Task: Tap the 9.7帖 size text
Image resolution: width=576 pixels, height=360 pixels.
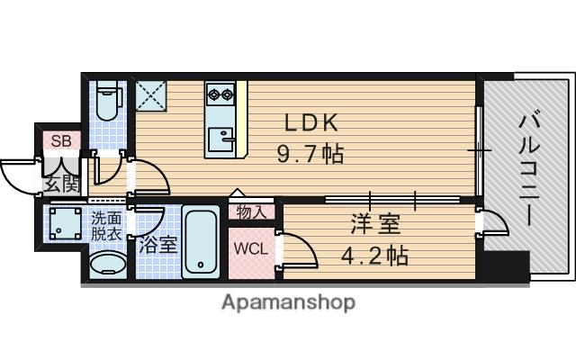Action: tap(310, 153)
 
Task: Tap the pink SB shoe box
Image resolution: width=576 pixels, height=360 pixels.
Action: tap(60, 140)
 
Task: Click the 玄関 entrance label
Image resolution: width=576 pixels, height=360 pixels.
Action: tap(60, 184)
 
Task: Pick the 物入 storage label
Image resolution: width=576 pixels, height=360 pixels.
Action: tap(251, 212)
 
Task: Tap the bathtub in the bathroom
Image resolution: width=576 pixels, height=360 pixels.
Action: tap(202, 241)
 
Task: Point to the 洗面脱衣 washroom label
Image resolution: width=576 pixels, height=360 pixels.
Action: tap(108, 224)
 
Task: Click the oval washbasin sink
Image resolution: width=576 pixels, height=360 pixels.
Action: tap(108, 266)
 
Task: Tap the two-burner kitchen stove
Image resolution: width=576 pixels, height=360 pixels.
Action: tap(220, 93)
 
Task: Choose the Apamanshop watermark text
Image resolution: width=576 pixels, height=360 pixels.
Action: tap(288, 302)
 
